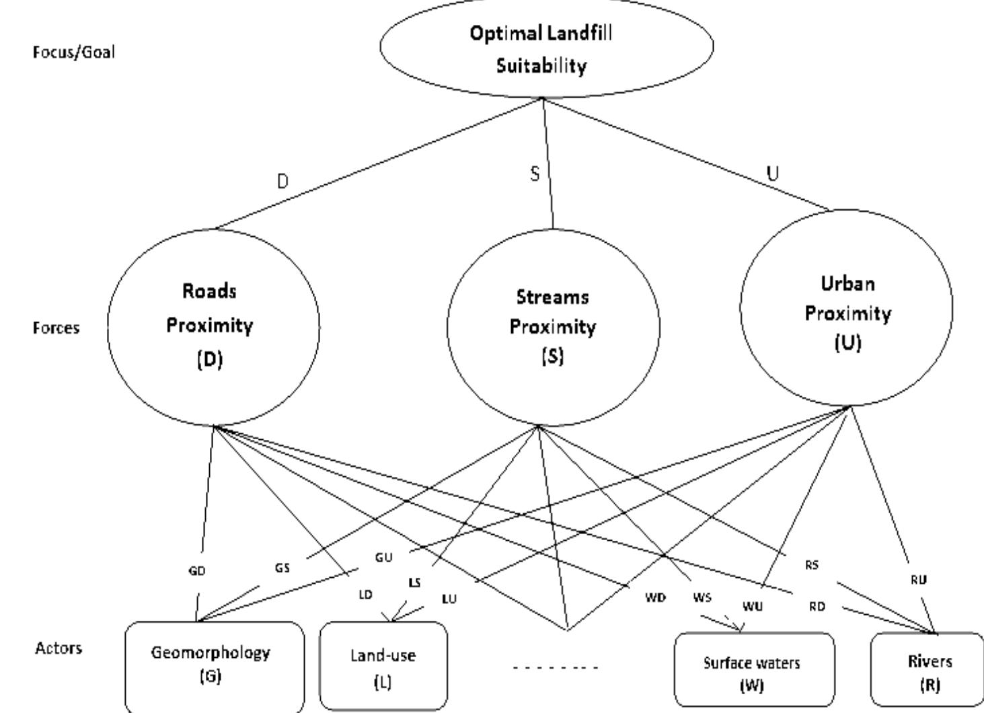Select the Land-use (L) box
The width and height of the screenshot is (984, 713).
[383, 667]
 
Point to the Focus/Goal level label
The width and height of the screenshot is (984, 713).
[74, 52]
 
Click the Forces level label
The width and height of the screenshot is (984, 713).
[56, 328]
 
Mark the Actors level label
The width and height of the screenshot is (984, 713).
[59, 648]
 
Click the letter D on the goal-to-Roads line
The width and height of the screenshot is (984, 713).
[282, 182]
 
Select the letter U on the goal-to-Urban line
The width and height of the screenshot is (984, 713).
[773, 174]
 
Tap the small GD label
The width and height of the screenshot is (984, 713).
[196, 571]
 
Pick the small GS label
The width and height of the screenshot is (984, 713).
[282, 568]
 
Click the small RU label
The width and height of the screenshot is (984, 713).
[919, 579]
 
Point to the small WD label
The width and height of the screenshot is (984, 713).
[655, 597]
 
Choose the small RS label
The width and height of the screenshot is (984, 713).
[812, 565]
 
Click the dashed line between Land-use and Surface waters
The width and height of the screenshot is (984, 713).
[555, 668]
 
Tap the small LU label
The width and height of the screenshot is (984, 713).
[449, 599]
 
